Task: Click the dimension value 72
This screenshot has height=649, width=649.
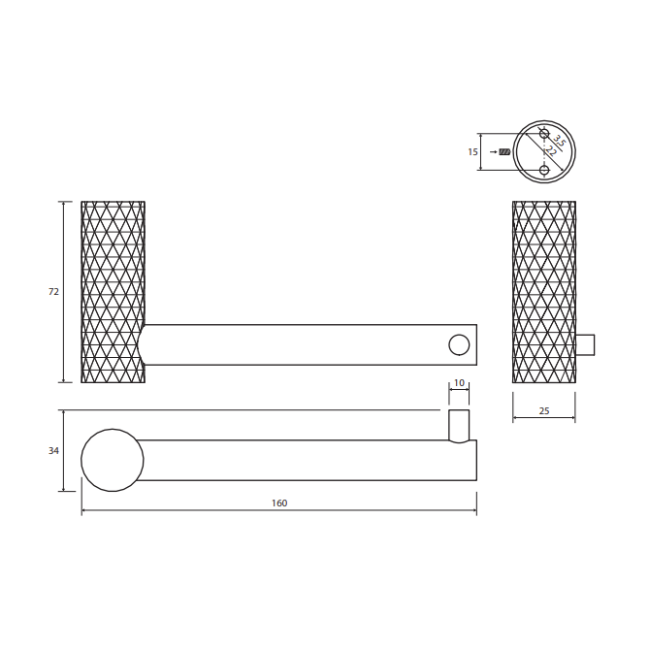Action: coord(53,292)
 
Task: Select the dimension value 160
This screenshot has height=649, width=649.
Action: coord(279,503)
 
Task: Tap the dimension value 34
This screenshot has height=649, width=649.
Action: coord(53,451)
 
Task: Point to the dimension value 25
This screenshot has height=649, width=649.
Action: coord(544,411)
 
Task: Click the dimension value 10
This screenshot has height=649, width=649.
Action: coord(459,383)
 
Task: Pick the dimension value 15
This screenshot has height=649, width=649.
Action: coord(472,152)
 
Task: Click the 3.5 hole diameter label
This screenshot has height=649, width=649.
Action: coord(559,141)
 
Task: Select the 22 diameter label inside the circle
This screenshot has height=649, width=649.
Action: coord(551,150)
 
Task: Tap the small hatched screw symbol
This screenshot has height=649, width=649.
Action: coord(504,152)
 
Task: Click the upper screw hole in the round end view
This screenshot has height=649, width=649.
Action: coord(544,134)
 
